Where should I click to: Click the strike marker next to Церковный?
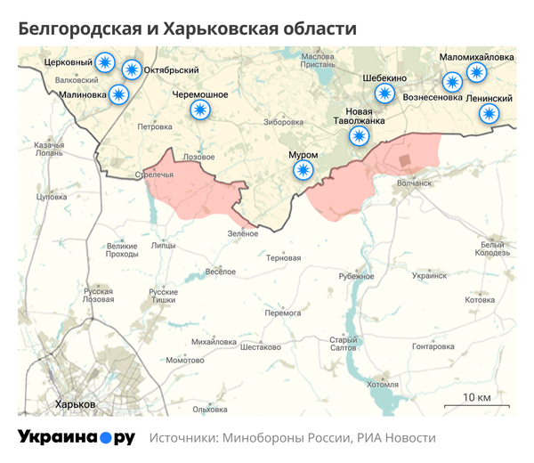click(106, 62)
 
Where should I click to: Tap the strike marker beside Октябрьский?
click(132, 69)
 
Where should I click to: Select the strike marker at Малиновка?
click(118, 93)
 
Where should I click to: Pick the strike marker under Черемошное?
click(200, 110)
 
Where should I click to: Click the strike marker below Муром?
click(304, 170)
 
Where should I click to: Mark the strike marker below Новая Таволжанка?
click(359, 135)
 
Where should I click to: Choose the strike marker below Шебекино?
click(384, 93)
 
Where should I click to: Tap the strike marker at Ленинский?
click(489, 113)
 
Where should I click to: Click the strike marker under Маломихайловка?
click(477, 72)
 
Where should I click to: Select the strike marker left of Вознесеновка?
click(452, 82)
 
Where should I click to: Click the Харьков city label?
click(75, 404)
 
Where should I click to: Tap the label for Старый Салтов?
click(344, 344)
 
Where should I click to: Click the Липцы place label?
click(165, 244)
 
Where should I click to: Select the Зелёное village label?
click(242, 233)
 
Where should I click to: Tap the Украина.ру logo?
click(77, 437)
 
